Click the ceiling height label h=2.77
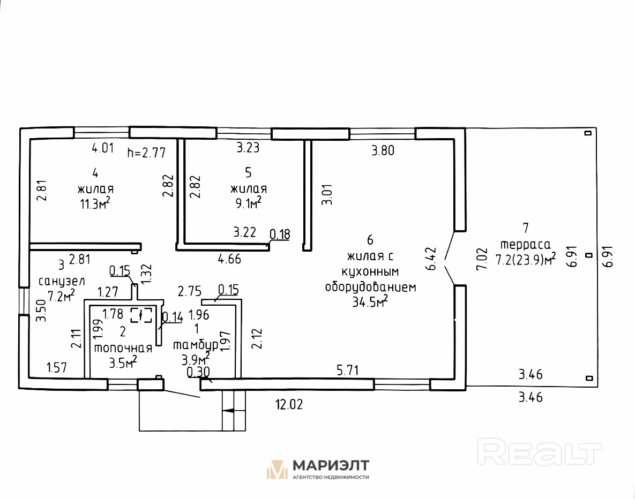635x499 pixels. (146, 153)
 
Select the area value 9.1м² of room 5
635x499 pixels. (246, 202)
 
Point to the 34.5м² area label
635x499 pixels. (370, 302)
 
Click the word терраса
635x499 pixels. (525, 244)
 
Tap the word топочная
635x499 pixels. (123, 347)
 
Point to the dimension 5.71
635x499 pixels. (347, 370)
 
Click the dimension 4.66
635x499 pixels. (229, 260)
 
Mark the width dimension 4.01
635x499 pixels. (103, 147)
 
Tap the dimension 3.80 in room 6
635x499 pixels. (383, 150)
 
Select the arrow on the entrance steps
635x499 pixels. (228, 411)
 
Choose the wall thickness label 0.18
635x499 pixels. (280, 234)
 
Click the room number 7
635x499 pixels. (525, 228)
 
